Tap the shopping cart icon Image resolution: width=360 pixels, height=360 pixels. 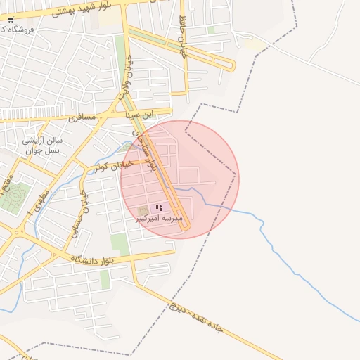point(10,20)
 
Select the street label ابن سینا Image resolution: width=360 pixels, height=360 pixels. point(139,113)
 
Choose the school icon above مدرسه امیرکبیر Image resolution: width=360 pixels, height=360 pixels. point(160,207)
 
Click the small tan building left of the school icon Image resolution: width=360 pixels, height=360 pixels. point(144,210)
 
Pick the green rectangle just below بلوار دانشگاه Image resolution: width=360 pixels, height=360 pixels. point(105,279)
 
